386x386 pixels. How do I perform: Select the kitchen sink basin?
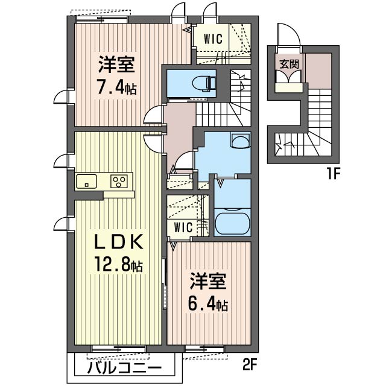click(x=86, y=181)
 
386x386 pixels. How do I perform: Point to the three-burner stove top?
click(x=119, y=182)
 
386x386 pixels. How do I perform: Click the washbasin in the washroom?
click(x=240, y=141)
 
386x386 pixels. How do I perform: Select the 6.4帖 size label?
click(x=207, y=304)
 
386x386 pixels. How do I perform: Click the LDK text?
click(x=119, y=241)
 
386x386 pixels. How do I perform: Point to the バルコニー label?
click(x=124, y=368)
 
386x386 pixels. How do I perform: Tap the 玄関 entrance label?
click(x=289, y=64)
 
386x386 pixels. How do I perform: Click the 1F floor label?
click(x=334, y=174)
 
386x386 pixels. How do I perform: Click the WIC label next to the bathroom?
click(x=183, y=227)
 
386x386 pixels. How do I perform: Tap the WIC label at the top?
click(x=213, y=39)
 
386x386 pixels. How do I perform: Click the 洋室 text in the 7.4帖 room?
click(x=116, y=65)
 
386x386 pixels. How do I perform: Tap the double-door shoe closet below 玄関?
click(x=288, y=77)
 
